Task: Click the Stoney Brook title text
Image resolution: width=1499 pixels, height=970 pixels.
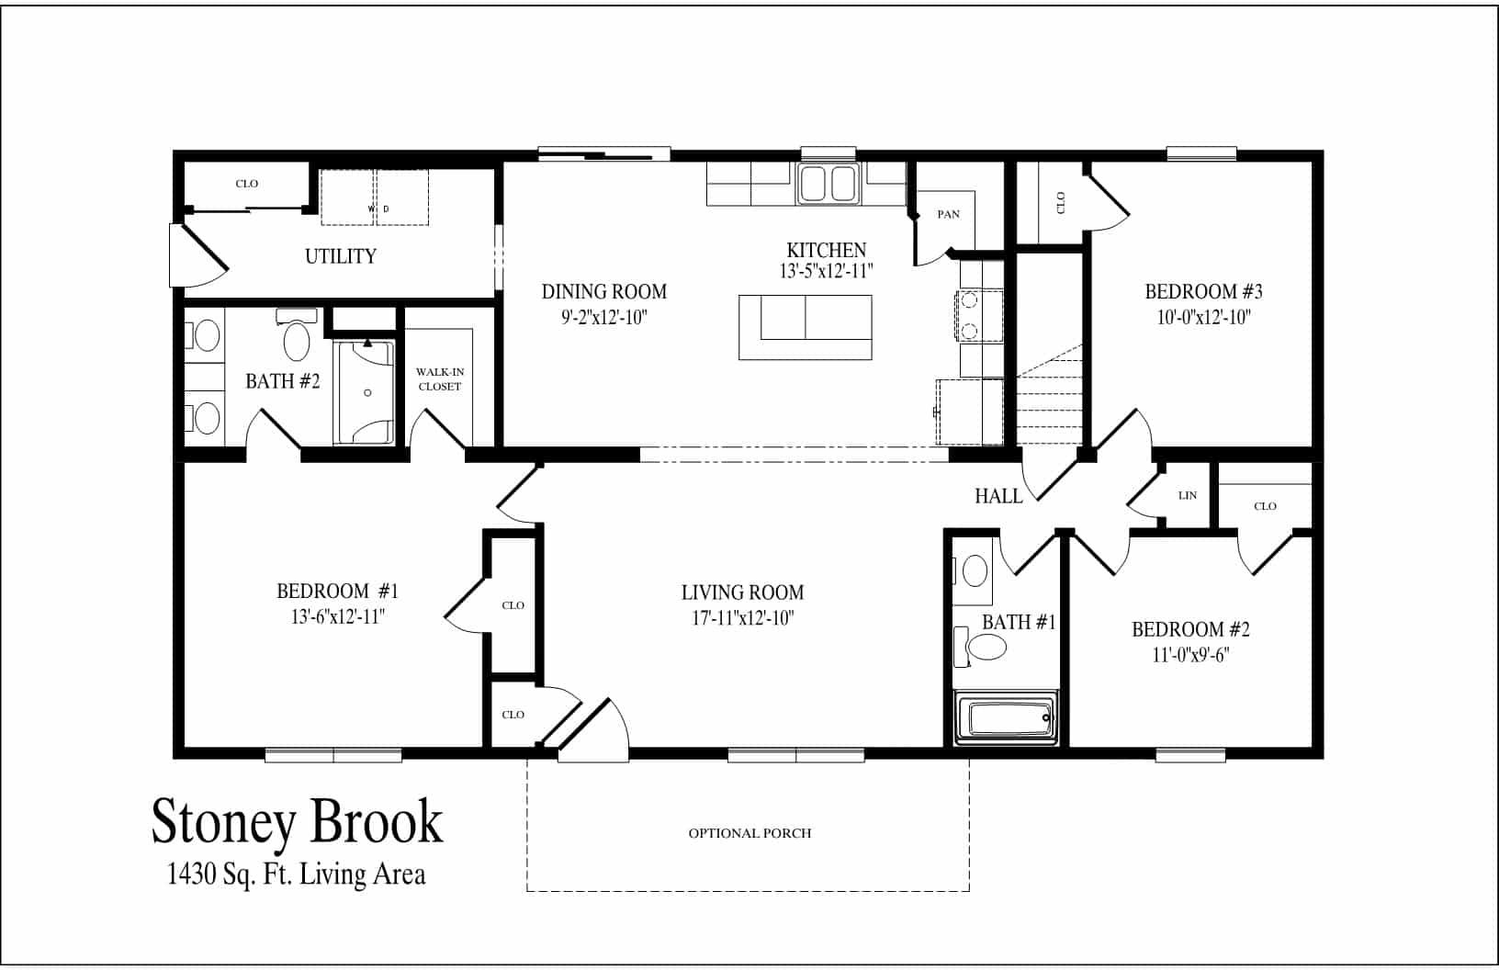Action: pyautogui.click(x=297, y=820)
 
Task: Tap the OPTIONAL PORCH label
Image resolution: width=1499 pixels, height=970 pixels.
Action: pyautogui.click(x=749, y=833)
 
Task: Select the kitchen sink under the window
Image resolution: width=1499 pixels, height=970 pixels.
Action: pyautogui.click(x=828, y=184)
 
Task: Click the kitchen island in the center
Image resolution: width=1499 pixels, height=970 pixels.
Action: pyautogui.click(x=806, y=327)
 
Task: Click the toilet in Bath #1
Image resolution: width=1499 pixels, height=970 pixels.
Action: pyautogui.click(x=985, y=648)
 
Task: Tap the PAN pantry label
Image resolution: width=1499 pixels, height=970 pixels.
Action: pyautogui.click(x=948, y=214)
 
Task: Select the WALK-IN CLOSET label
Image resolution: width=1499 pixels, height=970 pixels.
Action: pyautogui.click(x=440, y=379)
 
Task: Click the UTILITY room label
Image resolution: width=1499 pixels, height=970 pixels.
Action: pyautogui.click(x=341, y=256)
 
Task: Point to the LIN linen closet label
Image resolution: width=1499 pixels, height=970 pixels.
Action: pyautogui.click(x=1187, y=495)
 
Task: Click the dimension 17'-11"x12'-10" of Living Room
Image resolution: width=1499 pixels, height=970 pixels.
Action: pyautogui.click(x=742, y=617)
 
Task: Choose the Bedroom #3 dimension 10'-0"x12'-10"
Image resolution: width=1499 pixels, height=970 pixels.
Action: pyautogui.click(x=1203, y=317)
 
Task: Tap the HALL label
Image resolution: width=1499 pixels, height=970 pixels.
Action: pyautogui.click(x=998, y=496)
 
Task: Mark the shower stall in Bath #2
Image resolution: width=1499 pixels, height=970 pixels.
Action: pyautogui.click(x=366, y=393)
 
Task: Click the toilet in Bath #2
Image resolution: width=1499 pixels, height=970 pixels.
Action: pyautogui.click(x=296, y=338)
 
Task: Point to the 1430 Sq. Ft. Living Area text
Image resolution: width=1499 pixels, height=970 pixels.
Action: pyautogui.click(x=297, y=874)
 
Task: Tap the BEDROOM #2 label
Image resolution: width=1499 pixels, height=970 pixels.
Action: pyautogui.click(x=1190, y=629)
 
